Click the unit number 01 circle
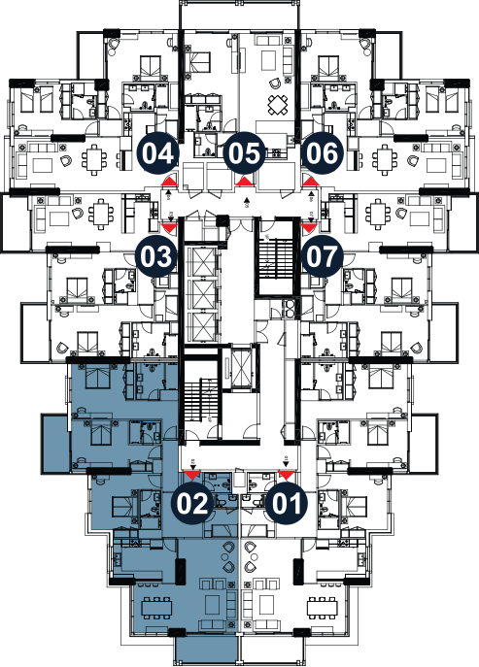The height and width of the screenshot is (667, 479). [x=287, y=503]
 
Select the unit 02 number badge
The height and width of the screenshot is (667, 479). [x=192, y=503]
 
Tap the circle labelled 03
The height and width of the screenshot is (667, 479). [x=155, y=256]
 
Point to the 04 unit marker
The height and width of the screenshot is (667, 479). [x=158, y=153]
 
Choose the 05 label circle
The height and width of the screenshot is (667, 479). [x=245, y=153]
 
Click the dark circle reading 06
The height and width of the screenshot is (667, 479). [x=323, y=153]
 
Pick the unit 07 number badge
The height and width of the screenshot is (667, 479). [x=323, y=256]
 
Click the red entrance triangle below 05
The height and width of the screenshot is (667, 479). [x=245, y=182]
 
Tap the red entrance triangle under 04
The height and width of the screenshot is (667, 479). [x=169, y=182]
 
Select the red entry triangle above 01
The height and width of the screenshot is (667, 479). [x=287, y=475]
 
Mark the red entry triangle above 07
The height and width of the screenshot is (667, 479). [x=310, y=228]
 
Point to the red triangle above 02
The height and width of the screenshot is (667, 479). [x=192, y=475]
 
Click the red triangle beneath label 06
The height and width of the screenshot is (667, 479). [x=311, y=182]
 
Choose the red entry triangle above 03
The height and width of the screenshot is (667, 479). [x=169, y=228]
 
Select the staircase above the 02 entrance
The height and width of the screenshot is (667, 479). [x=201, y=400]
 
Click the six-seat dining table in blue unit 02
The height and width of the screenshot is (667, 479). [x=156, y=609]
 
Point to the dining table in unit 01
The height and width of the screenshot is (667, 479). [x=323, y=609]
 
